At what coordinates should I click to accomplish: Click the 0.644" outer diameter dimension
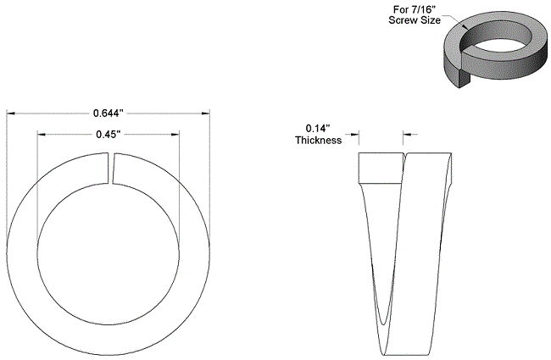pyautogui.click(x=109, y=114)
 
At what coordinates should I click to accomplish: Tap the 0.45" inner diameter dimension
pyautogui.click(x=109, y=134)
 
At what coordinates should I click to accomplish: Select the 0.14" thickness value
pyautogui.click(x=318, y=128)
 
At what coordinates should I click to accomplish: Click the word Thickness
pyautogui.click(x=319, y=140)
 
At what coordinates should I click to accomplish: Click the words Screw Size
pyautogui.click(x=415, y=20)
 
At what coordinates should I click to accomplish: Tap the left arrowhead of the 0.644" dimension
pyautogui.click(x=10, y=114)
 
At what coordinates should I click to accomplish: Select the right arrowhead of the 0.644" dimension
pyautogui.click(x=206, y=114)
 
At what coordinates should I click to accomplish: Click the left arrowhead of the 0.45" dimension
pyautogui.click(x=42, y=134)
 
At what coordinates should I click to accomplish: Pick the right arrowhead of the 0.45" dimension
pyautogui.click(x=175, y=134)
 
